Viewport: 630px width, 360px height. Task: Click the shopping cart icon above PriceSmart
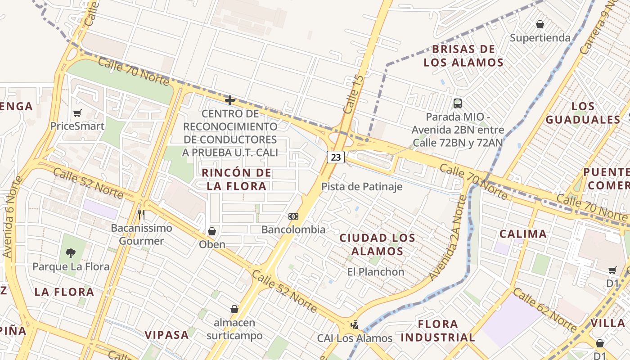tap(77, 113)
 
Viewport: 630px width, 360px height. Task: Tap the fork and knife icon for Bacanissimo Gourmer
tap(141, 214)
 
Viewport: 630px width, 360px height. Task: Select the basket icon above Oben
tap(212, 231)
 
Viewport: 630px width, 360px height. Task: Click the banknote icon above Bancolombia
tap(293, 216)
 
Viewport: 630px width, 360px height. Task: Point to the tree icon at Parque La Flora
tap(71, 253)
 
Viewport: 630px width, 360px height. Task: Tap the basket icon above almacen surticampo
tap(234, 309)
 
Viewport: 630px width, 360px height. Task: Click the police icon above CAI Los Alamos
tap(355, 324)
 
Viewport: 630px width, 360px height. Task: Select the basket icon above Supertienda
tap(540, 24)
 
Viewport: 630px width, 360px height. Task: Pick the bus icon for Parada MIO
tap(458, 103)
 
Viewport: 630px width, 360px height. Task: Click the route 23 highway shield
tap(336, 157)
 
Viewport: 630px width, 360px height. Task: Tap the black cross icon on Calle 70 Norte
tap(230, 100)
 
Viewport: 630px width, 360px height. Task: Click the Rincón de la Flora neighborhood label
tap(237, 179)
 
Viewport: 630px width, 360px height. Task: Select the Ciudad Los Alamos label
tap(377, 244)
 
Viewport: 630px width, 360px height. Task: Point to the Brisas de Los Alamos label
tap(463, 55)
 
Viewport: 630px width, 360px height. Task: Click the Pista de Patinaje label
tap(362, 186)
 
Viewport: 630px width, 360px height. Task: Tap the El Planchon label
tap(376, 272)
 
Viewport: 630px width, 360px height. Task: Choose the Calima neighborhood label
tap(523, 234)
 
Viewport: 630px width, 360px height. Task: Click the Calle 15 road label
tap(353, 94)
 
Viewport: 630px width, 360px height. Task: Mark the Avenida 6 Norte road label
tap(13, 217)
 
